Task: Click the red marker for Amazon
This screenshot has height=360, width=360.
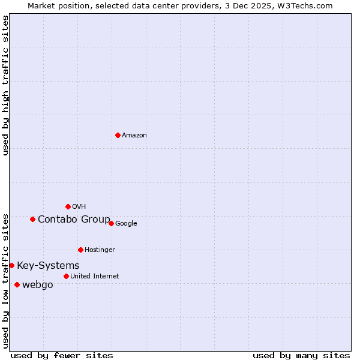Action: click(118, 135)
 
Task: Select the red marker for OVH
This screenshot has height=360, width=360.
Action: click(68, 206)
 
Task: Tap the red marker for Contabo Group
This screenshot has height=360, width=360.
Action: click(32, 219)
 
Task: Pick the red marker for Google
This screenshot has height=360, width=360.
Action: click(111, 223)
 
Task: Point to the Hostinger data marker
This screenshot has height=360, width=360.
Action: click(80, 250)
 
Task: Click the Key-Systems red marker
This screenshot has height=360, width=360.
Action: click(11, 265)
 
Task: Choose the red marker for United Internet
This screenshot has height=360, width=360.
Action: click(66, 276)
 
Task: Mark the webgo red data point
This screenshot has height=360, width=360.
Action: click(17, 284)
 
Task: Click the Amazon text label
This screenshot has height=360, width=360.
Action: click(134, 136)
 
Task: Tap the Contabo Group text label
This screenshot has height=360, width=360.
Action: click(74, 220)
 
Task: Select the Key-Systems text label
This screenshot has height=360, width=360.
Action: click(48, 266)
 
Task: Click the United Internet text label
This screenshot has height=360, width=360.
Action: click(94, 277)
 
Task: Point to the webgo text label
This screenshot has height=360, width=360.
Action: click(37, 285)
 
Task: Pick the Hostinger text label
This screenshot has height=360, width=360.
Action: click(100, 250)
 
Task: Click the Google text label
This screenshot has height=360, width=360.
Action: click(126, 224)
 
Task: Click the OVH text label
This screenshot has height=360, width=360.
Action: click(79, 207)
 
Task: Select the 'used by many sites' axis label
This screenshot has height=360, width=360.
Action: click(301, 355)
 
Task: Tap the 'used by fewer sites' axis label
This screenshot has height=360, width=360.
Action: click(62, 355)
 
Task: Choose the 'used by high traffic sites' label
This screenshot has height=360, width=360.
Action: click(5, 85)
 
